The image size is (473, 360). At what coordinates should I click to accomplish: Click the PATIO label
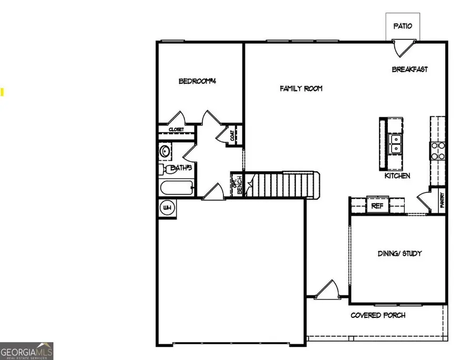[x=403, y=26]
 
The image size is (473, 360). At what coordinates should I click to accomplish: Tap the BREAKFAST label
[x=410, y=69]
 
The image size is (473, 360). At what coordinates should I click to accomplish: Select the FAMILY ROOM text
[x=301, y=89]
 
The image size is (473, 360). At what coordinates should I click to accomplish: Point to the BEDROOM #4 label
[x=198, y=81]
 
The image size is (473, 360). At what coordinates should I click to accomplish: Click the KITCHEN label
[x=397, y=176]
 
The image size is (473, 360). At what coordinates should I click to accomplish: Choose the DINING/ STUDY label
[x=399, y=253]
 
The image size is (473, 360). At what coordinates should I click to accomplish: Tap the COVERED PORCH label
[x=378, y=315]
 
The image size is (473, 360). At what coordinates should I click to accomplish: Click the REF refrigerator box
[x=377, y=206]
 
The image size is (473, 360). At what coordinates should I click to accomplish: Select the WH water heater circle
[x=167, y=207]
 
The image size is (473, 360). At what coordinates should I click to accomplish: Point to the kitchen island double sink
[x=396, y=140]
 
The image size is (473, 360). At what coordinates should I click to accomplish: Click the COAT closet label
[x=232, y=135]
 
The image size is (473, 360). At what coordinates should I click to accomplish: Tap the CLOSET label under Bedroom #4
[x=176, y=129]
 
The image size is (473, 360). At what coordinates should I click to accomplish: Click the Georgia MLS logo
[x=26, y=351]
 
